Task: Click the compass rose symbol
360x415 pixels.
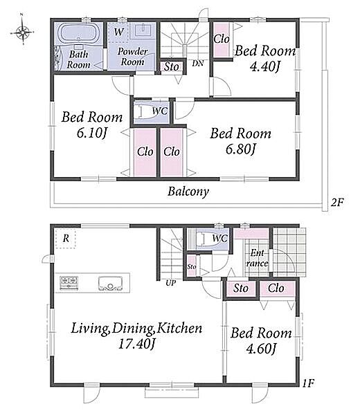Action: coord(23,33)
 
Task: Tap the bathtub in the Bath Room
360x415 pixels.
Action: coord(77,33)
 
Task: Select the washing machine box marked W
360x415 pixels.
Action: coord(118,33)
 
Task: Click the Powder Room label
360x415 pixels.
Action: coord(132,57)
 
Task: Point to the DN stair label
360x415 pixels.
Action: coord(198,63)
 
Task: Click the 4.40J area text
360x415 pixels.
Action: coord(264,67)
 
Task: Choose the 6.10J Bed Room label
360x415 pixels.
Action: coord(92,125)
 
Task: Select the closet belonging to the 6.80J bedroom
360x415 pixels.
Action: coord(172,152)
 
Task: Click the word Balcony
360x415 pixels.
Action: coord(188,192)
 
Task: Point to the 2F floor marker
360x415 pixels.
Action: coord(337,203)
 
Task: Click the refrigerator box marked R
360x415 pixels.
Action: coord(66,239)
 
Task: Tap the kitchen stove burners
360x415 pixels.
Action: coord(69,283)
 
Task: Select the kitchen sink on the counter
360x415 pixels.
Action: coord(110,284)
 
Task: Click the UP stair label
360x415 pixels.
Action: coord(170,283)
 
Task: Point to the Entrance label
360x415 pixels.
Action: coord(257,258)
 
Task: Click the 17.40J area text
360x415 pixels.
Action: coord(136,344)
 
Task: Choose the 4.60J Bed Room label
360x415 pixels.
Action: coord(261,340)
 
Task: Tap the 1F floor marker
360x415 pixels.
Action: coord(308,383)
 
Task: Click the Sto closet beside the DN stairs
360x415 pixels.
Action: coord(172,66)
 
